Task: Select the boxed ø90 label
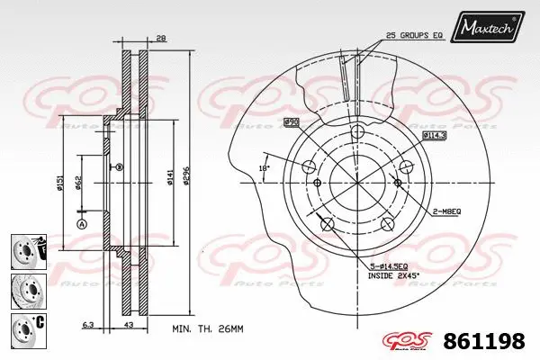point(292,121)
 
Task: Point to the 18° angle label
point(265,167)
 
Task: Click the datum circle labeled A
point(81,224)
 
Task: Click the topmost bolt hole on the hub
point(356,131)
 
